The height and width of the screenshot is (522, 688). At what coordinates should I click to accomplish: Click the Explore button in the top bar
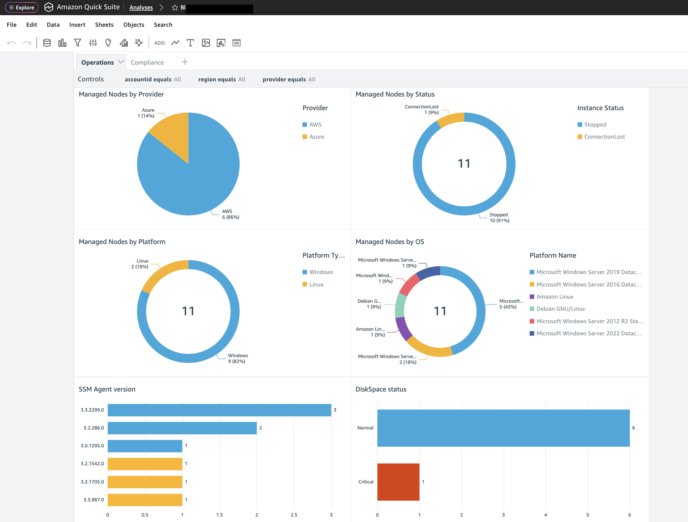click(x=22, y=8)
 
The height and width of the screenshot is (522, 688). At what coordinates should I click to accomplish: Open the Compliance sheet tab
click(x=147, y=63)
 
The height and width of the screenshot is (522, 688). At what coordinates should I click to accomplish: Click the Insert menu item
click(x=77, y=25)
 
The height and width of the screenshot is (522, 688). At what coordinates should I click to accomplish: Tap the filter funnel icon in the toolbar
click(x=77, y=43)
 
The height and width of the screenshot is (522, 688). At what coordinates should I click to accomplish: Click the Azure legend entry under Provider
click(x=316, y=137)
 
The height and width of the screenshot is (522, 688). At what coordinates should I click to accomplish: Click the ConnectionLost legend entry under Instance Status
click(x=604, y=137)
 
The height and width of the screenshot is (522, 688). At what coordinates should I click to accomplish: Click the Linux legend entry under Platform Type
click(x=316, y=285)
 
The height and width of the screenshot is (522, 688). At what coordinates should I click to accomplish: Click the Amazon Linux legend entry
click(x=555, y=297)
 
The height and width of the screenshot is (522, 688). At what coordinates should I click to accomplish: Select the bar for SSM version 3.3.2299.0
click(x=219, y=410)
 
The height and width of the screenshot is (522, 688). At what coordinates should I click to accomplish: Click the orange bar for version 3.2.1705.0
click(x=145, y=482)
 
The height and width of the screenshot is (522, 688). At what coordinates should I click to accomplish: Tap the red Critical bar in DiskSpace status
click(x=398, y=482)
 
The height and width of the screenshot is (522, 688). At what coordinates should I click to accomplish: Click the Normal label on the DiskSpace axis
click(x=365, y=428)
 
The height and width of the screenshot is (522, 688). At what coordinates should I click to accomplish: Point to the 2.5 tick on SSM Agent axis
click(x=294, y=515)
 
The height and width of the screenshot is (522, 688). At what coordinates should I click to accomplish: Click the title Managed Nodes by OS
click(x=390, y=242)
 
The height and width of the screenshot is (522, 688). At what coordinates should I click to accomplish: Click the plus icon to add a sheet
click(x=185, y=62)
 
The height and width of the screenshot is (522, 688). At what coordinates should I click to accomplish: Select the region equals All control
click(x=221, y=80)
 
